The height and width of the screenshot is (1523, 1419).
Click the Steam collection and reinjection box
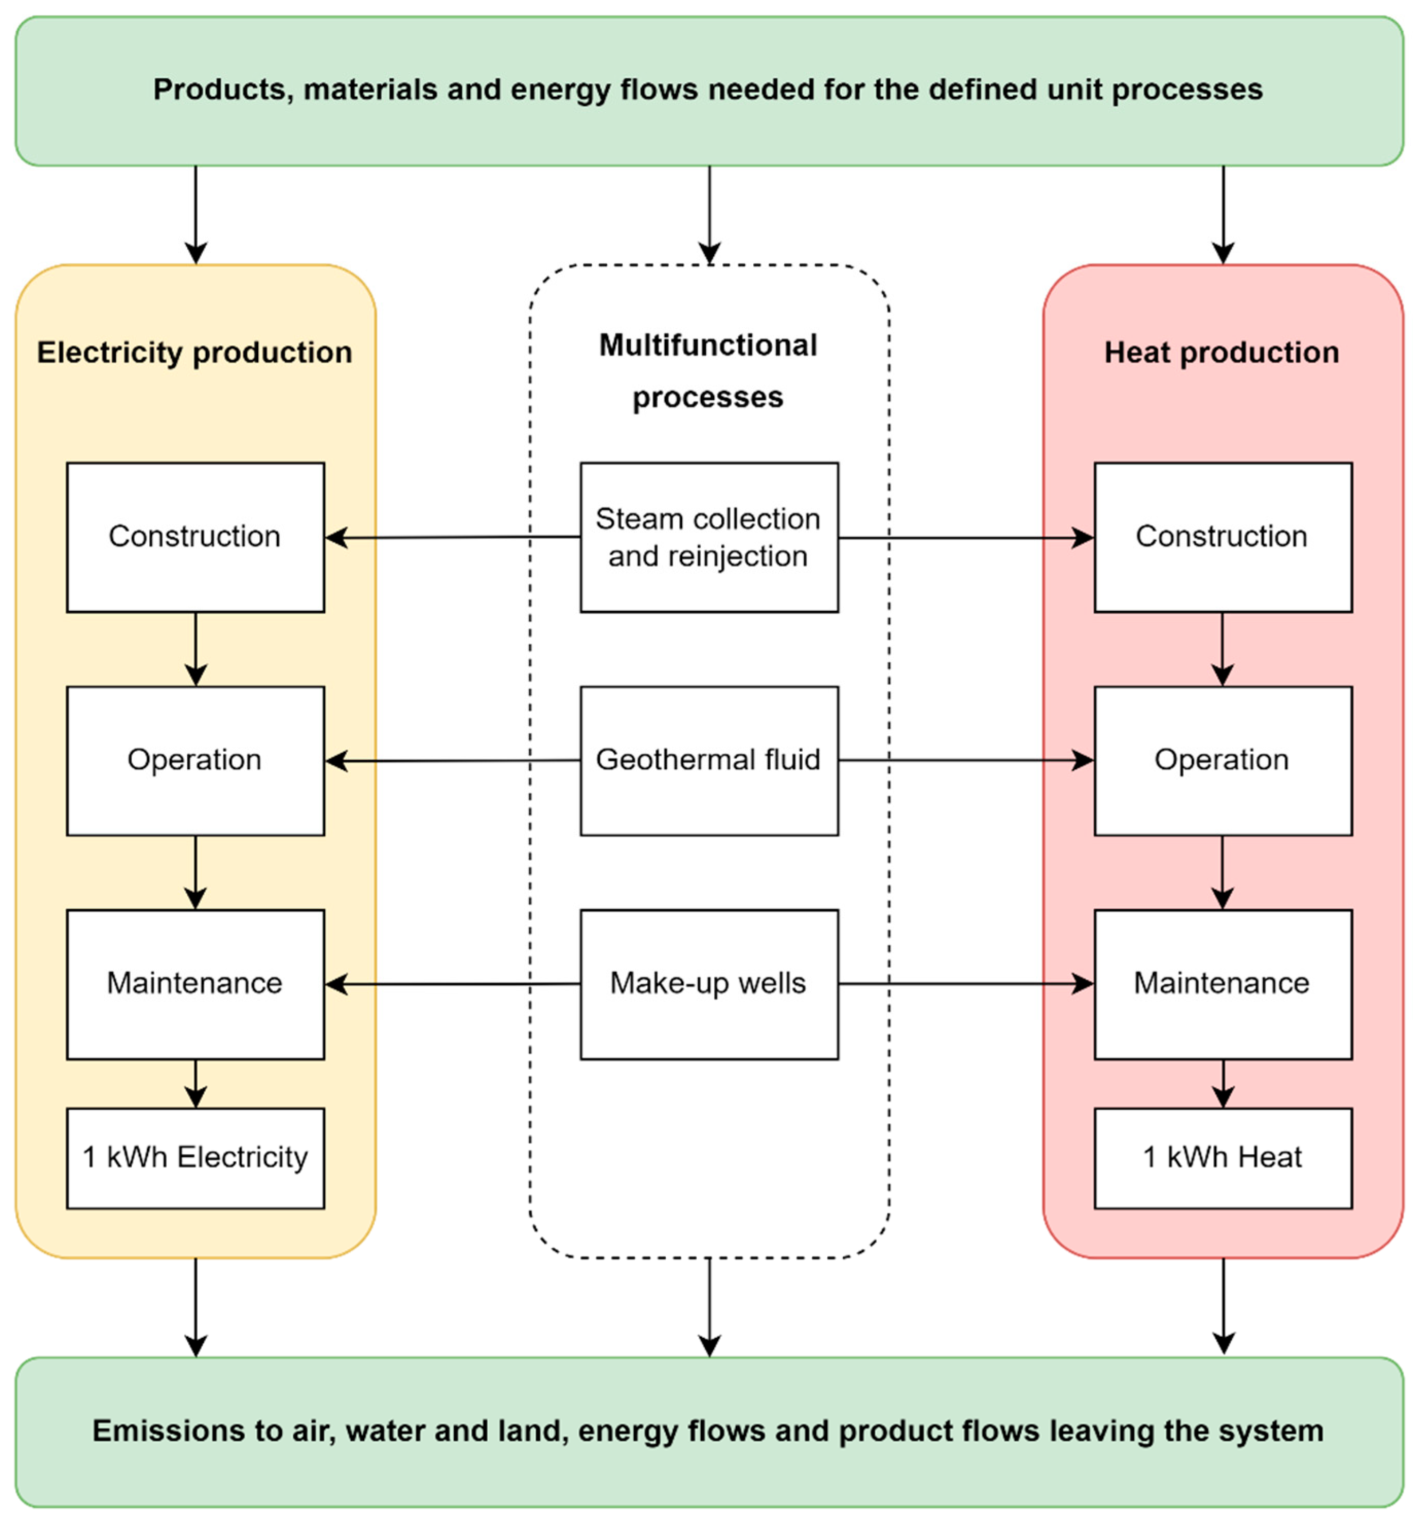pyautogui.click(x=709, y=537)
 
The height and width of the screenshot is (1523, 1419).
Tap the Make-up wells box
pyautogui.click(x=709, y=984)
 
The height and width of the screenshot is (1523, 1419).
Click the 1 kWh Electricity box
pyautogui.click(x=196, y=1157)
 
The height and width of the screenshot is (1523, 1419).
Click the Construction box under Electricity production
pyautogui.click(x=196, y=537)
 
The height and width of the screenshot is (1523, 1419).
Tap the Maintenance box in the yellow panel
pyautogui.click(x=196, y=984)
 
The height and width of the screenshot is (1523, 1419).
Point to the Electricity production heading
pyautogui.click(x=194, y=353)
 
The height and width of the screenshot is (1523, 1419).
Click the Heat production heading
pyautogui.click(x=1221, y=353)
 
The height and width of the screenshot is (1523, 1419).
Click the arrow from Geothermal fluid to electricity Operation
pyautogui.click(x=452, y=761)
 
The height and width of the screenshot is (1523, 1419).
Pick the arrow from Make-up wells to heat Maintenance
pyautogui.click(x=965, y=984)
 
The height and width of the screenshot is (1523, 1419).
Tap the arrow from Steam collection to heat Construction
pyautogui.click(x=965, y=538)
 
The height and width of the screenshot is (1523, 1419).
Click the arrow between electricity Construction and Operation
pyautogui.click(x=196, y=648)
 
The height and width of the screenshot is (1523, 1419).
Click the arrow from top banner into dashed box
pyautogui.click(x=709, y=215)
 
